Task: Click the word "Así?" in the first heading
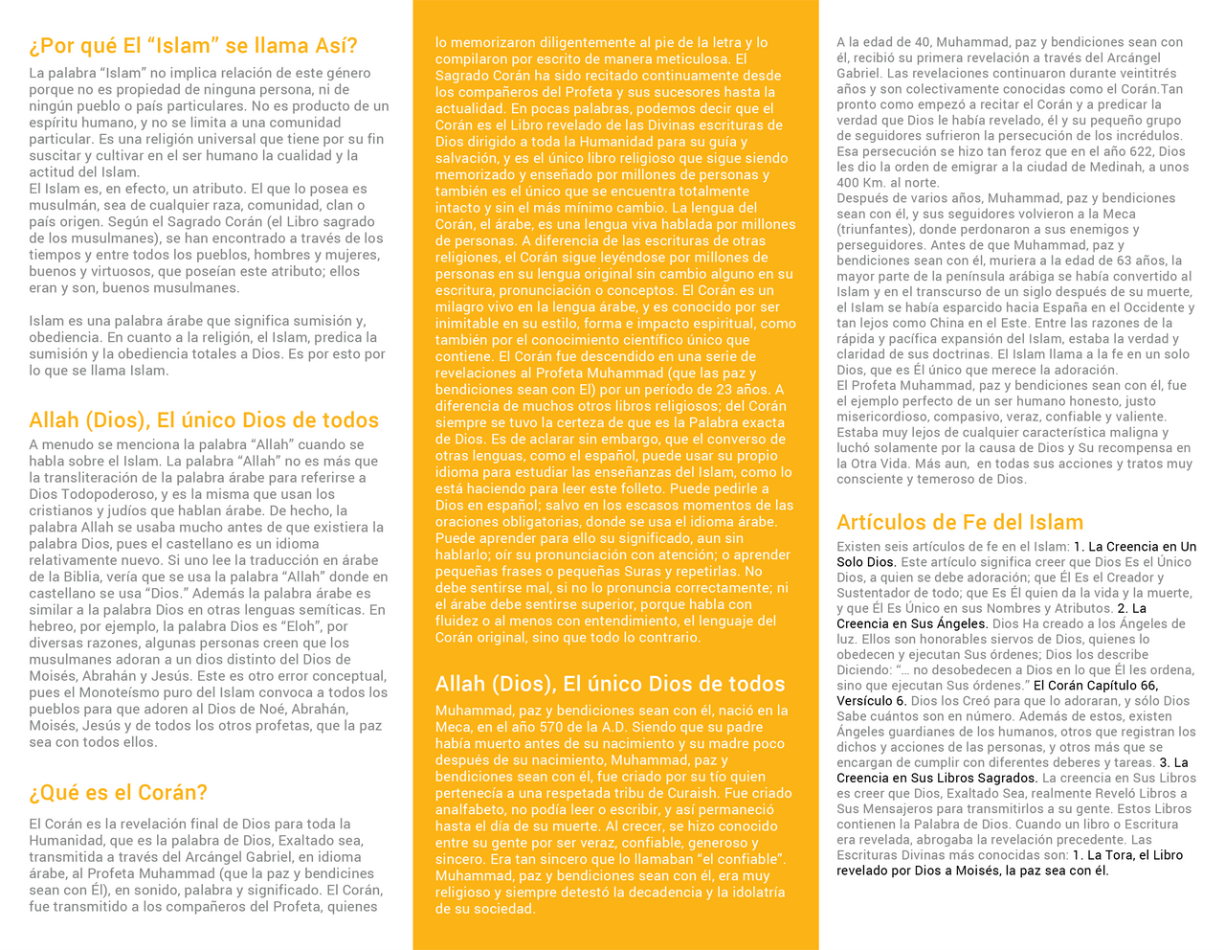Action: [331, 46]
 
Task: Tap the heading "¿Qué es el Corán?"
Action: [118, 793]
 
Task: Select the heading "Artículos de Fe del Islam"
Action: [960, 522]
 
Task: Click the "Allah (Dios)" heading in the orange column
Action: [610, 684]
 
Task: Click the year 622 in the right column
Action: [1142, 151]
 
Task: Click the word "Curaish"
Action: [709, 793]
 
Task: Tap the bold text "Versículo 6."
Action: [871, 701]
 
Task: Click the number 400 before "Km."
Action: [849, 183]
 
